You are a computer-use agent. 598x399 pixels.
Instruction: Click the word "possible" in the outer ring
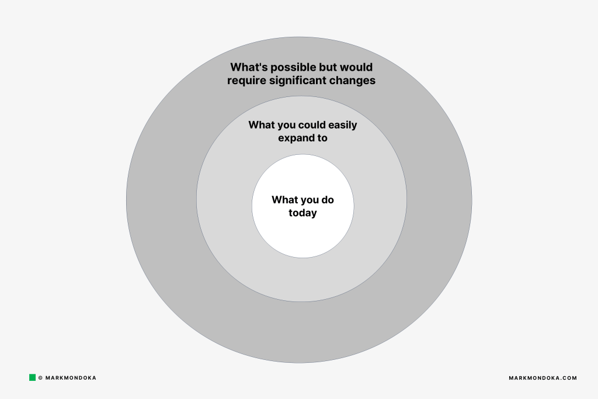coord(293,68)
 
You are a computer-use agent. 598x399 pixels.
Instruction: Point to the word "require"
coord(246,81)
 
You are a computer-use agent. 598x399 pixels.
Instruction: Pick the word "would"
coord(356,67)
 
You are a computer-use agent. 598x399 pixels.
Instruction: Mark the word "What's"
coord(249,67)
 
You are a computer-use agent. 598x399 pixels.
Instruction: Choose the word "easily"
coord(342,126)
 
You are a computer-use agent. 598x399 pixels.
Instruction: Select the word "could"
coord(312,125)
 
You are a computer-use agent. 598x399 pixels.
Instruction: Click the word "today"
coord(303,213)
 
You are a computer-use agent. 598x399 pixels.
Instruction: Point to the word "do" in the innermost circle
coord(328,200)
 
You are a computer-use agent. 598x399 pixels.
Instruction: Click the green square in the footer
coord(33,377)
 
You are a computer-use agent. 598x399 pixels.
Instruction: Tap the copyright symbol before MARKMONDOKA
coord(40,378)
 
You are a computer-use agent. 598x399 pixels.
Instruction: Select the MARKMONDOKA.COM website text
coord(543,378)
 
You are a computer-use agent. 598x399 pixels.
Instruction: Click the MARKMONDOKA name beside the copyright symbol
coord(71,378)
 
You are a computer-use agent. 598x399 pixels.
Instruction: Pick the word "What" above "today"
coord(284,200)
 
